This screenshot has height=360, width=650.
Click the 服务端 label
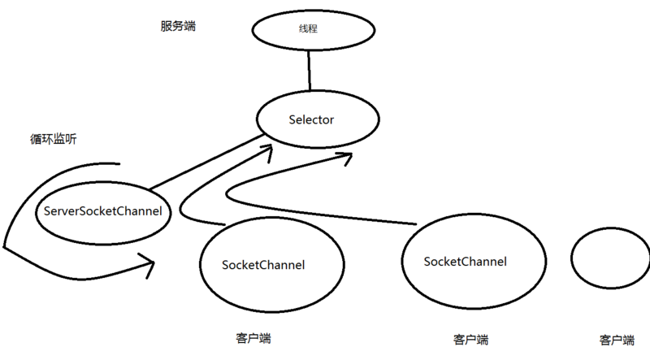[x=178, y=27]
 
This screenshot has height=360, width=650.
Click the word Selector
[x=311, y=120]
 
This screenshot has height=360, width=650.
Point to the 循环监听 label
[x=53, y=139]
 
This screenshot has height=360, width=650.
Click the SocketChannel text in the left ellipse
[x=263, y=265]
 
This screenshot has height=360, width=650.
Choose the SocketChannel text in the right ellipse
[x=466, y=261]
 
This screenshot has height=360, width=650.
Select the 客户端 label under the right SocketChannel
[x=470, y=339]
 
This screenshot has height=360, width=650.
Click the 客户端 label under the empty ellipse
[x=616, y=340]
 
